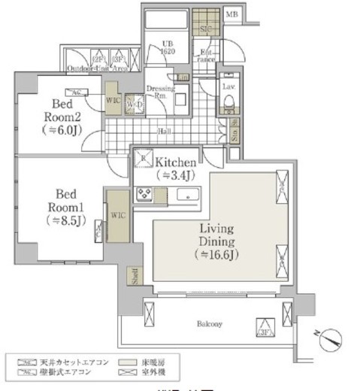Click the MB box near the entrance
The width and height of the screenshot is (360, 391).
pyautogui.click(x=234, y=14)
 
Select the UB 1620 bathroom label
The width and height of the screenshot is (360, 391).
pyautogui.click(x=168, y=48)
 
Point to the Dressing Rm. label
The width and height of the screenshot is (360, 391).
pyautogui.click(x=161, y=92)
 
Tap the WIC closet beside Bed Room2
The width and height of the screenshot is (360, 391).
pyautogui.click(x=112, y=98)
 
